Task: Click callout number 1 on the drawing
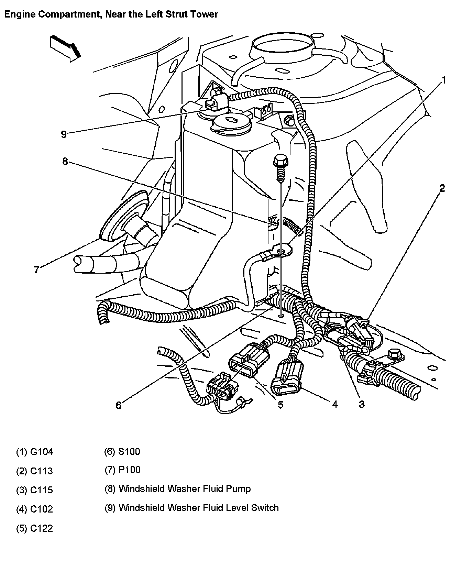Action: click(x=444, y=80)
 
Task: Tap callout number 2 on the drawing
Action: click(x=442, y=188)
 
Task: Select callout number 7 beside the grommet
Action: click(x=36, y=269)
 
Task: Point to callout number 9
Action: click(x=64, y=134)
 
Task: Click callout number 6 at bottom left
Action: click(x=118, y=405)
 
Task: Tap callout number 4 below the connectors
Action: click(x=335, y=404)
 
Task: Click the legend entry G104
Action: click(x=35, y=452)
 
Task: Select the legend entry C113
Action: click(x=35, y=471)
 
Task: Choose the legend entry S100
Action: click(x=122, y=451)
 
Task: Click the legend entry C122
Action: click(x=35, y=528)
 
